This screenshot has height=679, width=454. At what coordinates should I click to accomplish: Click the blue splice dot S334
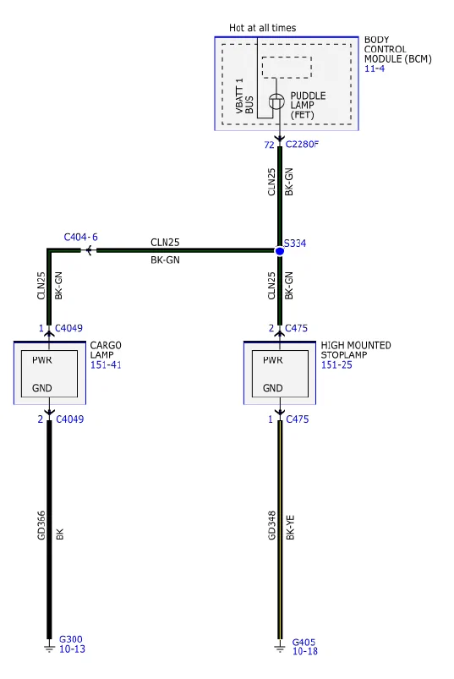tap(280, 251)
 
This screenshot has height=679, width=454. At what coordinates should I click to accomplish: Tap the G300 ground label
tap(70, 639)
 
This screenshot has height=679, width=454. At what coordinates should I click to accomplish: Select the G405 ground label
tap(304, 642)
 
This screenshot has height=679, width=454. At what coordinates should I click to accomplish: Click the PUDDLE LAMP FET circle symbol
tap(276, 101)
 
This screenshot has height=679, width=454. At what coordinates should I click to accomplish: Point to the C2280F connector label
tap(302, 145)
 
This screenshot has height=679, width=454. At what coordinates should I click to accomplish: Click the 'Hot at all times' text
tap(262, 28)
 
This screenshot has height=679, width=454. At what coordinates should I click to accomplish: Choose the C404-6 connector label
tap(81, 237)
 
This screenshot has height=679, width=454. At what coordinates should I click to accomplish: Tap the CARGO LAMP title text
tap(106, 350)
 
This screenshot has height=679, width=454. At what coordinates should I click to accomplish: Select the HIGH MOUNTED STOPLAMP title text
tap(356, 350)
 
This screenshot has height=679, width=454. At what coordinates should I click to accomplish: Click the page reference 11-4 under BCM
tap(375, 68)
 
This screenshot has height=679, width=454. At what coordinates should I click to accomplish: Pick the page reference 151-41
tap(106, 364)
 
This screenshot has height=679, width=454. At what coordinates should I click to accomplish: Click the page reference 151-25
tap(336, 364)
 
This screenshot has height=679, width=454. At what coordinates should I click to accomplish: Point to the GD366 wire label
tap(41, 525)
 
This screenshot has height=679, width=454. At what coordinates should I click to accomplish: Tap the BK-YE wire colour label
tap(290, 527)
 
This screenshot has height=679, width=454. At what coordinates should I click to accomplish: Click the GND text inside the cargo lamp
tap(42, 388)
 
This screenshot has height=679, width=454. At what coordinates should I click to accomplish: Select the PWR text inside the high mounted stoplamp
tap(273, 360)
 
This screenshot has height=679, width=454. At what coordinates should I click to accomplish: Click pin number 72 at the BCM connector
tap(269, 145)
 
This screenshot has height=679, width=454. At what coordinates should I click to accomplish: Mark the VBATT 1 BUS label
tap(244, 96)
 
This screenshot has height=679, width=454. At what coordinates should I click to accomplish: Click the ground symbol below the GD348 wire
tap(280, 648)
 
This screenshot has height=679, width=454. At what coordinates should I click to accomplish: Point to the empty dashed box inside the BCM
tap(287, 67)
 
